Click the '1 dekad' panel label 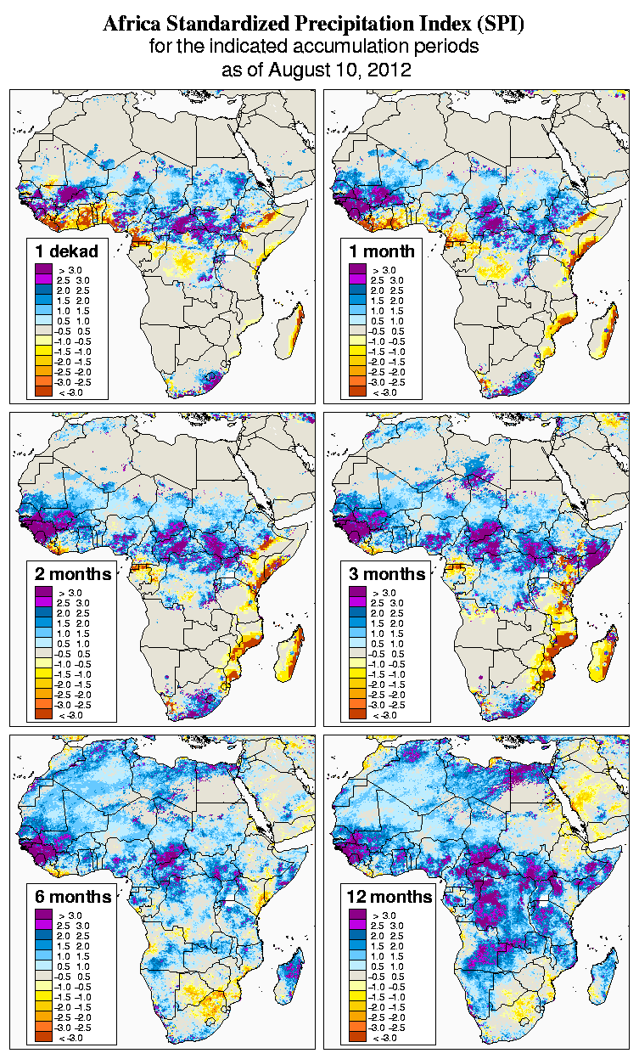pyautogui.click(x=67, y=251)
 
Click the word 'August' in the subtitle pyautogui.click(x=300, y=70)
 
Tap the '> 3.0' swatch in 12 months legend pyautogui.click(x=357, y=915)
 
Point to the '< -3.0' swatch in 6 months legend pyautogui.click(x=43, y=1037)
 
